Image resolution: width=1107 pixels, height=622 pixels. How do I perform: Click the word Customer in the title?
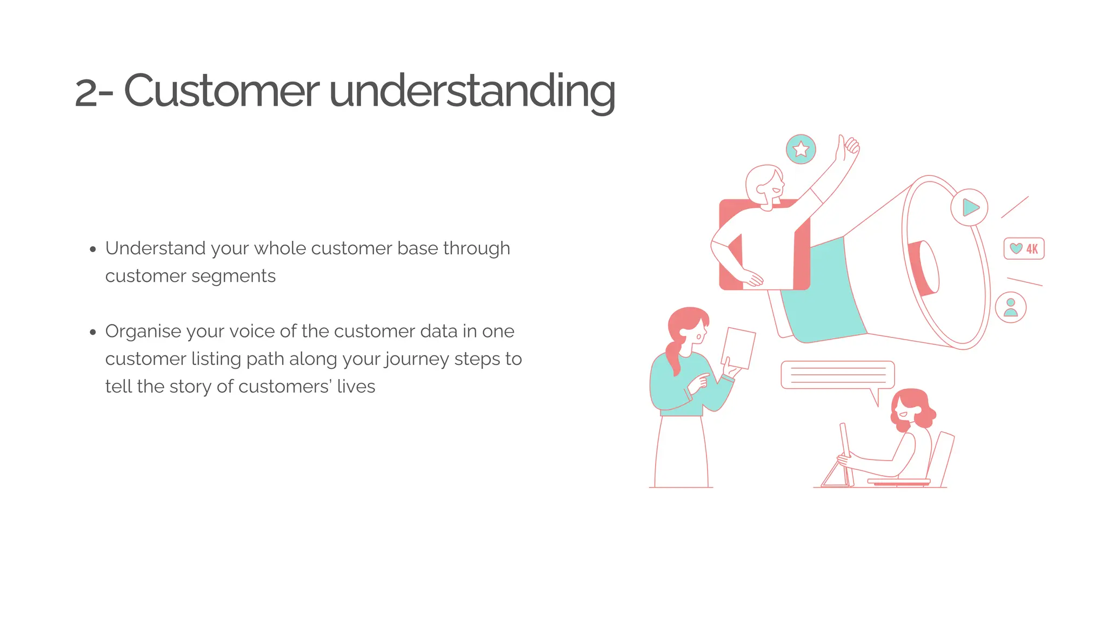click(x=222, y=91)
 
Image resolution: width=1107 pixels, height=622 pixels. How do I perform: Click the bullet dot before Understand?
click(x=93, y=249)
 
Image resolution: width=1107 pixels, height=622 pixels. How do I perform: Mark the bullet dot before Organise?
click(x=93, y=332)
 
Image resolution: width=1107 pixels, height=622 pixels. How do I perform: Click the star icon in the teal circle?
click(x=801, y=150)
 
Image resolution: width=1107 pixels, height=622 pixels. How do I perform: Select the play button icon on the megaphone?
click(x=970, y=207)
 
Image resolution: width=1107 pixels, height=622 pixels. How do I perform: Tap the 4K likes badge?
click(x=1024, y=249)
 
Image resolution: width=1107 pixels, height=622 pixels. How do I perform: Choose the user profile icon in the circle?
click(x=1010, y=308)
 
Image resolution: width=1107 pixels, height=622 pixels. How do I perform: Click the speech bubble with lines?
click(x=837, y=375)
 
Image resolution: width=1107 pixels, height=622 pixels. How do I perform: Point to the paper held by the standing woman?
click(x=738, y=348)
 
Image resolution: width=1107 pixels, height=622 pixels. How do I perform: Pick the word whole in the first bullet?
click(x=279, y=248)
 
